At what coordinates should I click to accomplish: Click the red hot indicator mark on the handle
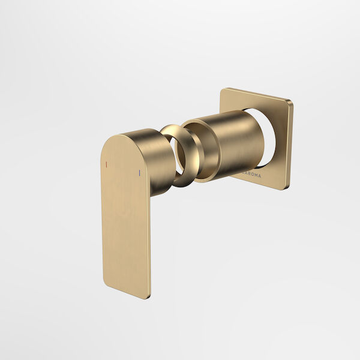click(x=106, y=164)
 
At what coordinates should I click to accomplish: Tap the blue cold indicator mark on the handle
click(x=140, y=173)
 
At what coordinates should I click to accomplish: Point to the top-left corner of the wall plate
click(x=222, y=90)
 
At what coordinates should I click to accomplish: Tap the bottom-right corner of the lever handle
click(x=148, y=296)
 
